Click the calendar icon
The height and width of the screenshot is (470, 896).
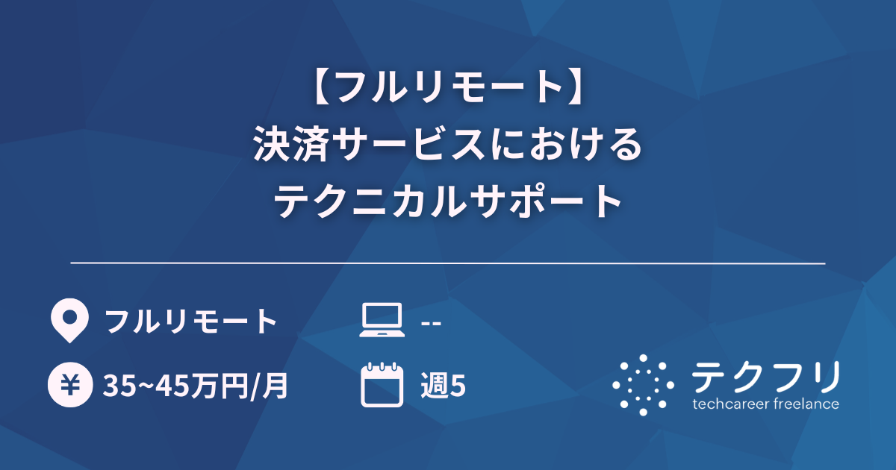click(381, 385)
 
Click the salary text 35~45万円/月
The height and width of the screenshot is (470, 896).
click(196, 386)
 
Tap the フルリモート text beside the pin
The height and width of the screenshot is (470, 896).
click(191, 322)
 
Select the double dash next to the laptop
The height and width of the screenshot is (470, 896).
click(431, 322)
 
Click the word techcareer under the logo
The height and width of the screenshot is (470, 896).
click(728, 404)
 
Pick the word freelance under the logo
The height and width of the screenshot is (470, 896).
click(803, 404)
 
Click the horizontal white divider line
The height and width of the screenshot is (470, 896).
click(448, 263)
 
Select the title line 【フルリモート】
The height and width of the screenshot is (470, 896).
click(448, 88)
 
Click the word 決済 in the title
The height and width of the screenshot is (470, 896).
click(283, 144)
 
